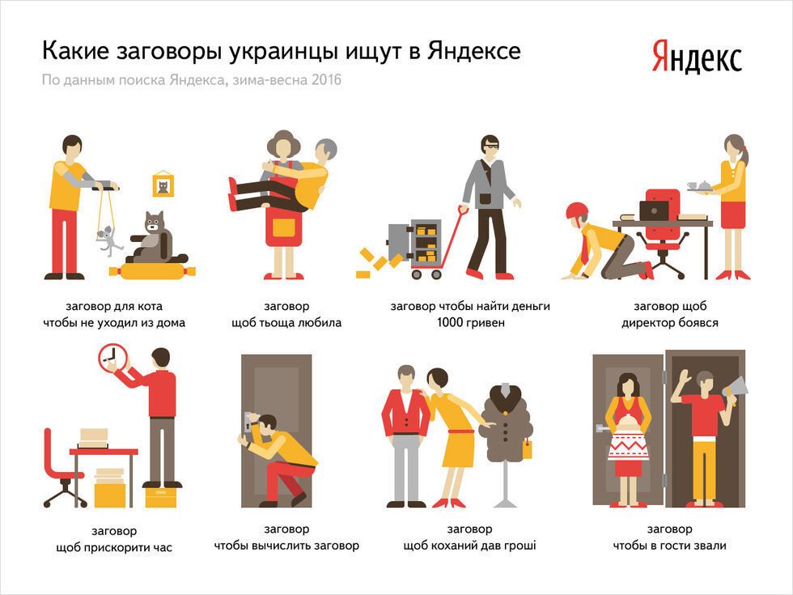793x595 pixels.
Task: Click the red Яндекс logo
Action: (697, 57)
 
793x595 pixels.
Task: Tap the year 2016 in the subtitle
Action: (326, 79)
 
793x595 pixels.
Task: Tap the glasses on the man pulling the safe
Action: (490, 147)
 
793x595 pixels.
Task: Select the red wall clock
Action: (112, 358)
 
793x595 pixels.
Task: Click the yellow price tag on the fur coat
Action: (527, 448)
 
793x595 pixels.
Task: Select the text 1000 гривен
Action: (470, 322)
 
